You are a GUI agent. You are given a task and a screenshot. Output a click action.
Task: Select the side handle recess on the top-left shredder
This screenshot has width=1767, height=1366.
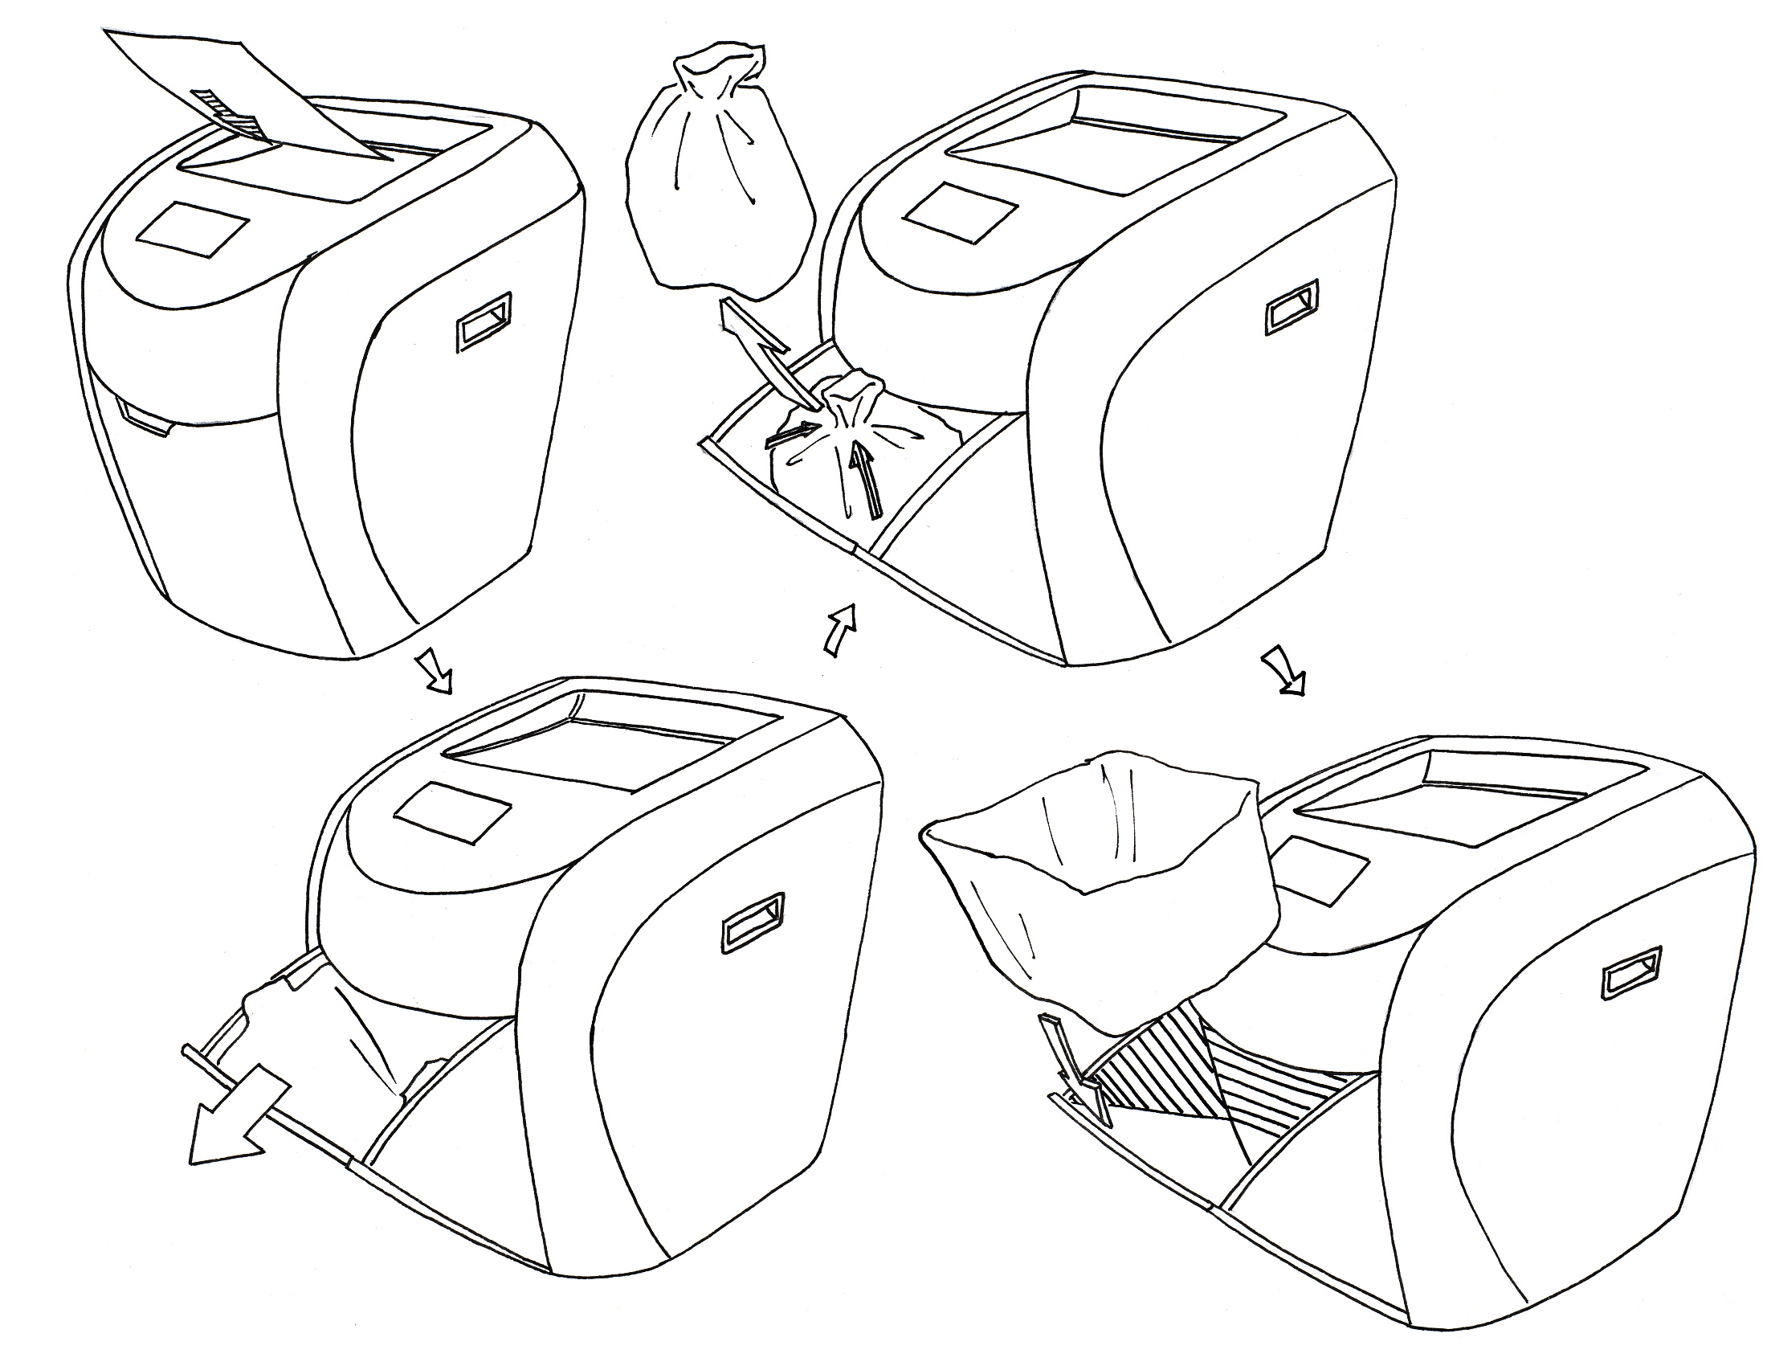coord(484,321)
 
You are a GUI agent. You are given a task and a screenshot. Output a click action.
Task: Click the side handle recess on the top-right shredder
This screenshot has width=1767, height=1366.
coord(1292,307)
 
